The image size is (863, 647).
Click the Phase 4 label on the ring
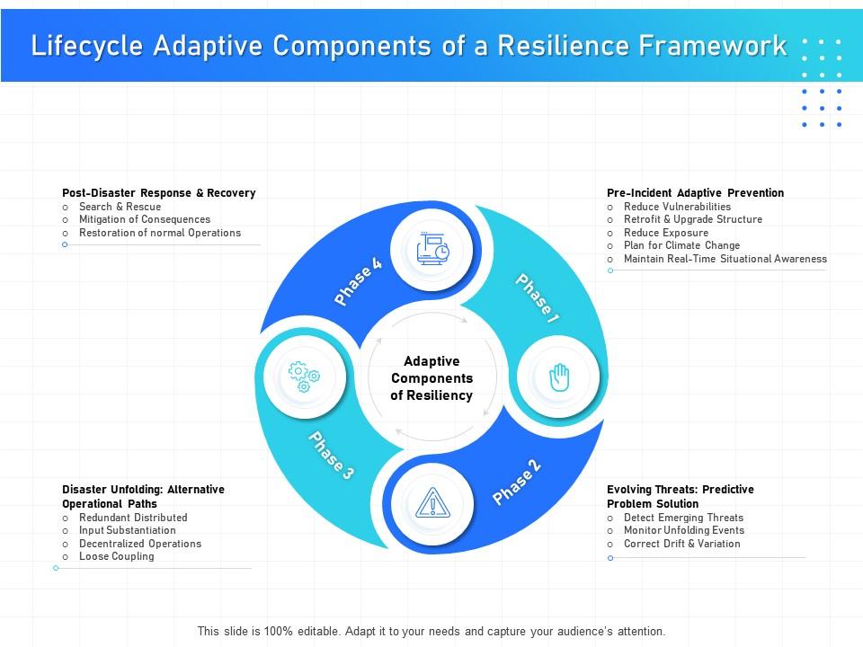pos(358,282)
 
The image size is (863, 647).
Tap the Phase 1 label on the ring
pos(538,298)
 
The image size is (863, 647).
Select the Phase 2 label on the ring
pos(517,483)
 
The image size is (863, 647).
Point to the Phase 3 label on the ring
pos(331,455)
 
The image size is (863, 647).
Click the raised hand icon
pos(560,377)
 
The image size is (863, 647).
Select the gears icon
pos(303,377)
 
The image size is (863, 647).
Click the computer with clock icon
pos(433,248)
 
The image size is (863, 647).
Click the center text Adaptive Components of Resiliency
pos(431,377)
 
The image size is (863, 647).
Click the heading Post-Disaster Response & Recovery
pos(159,193)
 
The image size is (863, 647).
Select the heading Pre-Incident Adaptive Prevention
pos(695,193)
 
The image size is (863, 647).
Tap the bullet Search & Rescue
pos(120,207)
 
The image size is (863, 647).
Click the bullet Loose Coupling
pos(116,556)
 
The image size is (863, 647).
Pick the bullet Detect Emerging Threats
pos(683,518)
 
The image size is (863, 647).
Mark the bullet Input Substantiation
pos(127,530)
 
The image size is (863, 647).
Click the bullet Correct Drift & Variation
pos(681,544)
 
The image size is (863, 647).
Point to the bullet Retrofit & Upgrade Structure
pos(692,219)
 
